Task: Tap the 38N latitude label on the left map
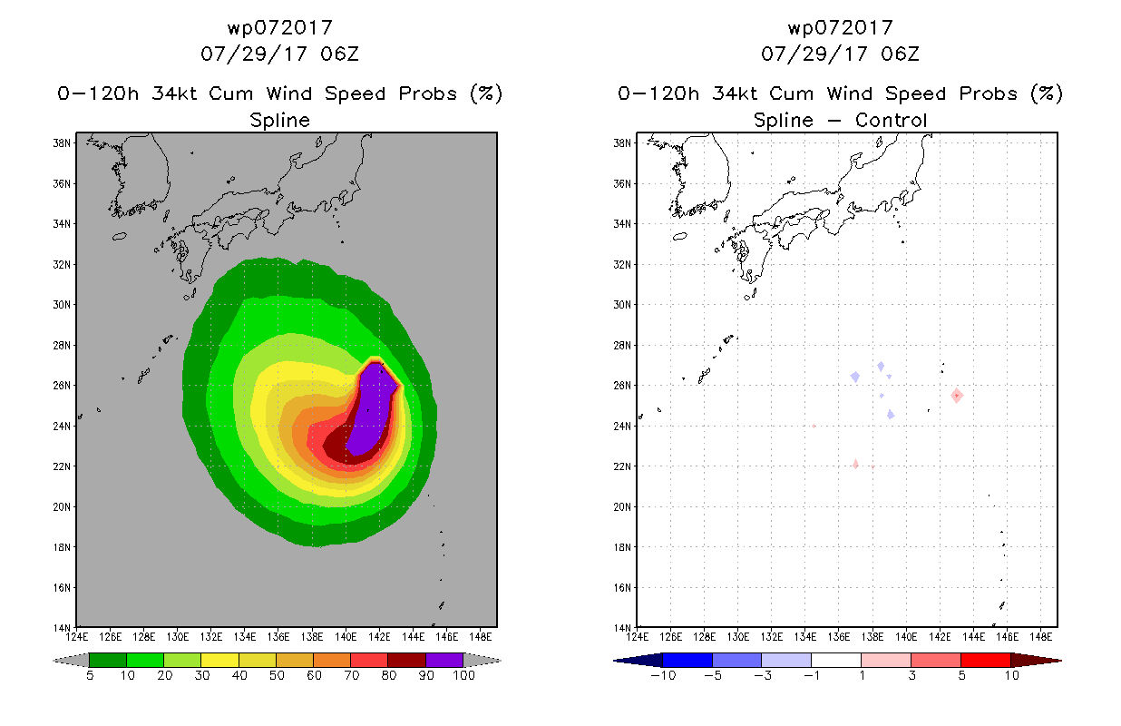(62, 143)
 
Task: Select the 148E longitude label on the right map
(1040, 637)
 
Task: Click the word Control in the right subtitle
(891, 120)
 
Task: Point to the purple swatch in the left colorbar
(444, 660)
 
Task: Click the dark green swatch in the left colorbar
(108, 660)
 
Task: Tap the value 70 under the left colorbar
(351, 675)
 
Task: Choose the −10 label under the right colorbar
(663, 675)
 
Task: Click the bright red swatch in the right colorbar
(985, 660)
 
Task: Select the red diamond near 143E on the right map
(957, 396)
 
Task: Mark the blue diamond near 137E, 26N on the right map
(855, 377)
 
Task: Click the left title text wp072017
(279, 27)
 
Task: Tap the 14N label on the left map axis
(62, 628)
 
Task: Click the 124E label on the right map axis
(637, 637)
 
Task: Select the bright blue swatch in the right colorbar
(687, 660)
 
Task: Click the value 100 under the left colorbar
(463, 675)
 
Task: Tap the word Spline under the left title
(279, 120)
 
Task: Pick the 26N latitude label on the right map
(622, 386)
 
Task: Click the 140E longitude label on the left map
(346, 637)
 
